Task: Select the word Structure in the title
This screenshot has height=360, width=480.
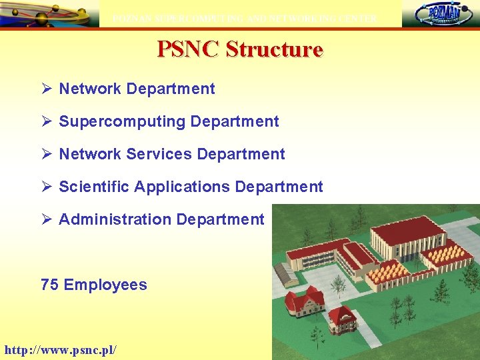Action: [x=274, y=49]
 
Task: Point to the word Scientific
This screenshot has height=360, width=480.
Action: [x=94, y=187]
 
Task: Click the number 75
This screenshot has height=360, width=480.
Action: [x=49, y=285]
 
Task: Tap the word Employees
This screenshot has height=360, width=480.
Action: [x=105, y=285]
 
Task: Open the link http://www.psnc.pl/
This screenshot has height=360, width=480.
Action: [x=61, y=349]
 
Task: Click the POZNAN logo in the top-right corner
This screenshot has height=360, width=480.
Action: [x=439, y=13]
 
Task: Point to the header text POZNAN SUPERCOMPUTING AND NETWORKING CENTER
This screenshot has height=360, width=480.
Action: [x=245, y=19]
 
